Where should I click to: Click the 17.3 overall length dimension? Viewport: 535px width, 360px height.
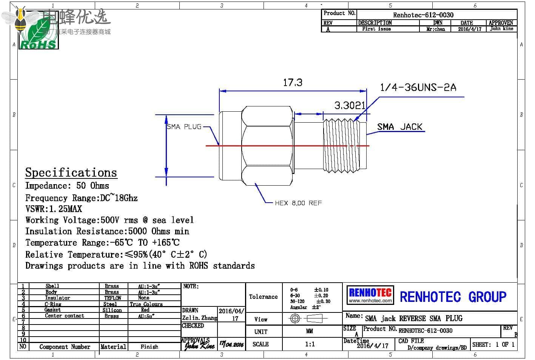pos(293,83)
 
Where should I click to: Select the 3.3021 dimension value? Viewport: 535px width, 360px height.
pos(350,106)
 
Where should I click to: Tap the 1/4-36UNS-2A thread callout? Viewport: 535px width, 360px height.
pos(418,88)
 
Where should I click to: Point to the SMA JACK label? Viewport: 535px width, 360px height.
pos(400,127)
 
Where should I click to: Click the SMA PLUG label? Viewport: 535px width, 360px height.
pos(184,127)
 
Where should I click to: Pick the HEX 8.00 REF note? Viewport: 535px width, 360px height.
pos(298,203)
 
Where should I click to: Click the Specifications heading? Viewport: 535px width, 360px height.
pos(71,172)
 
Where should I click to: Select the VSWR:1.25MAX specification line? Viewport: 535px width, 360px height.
pos(54,209)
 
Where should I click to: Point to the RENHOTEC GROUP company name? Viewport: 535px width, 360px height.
pos(453,297)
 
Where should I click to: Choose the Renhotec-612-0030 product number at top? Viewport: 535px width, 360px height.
pos(423,15)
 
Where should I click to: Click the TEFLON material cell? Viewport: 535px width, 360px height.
pos(113,298)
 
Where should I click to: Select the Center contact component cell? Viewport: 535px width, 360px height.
pos(65,316)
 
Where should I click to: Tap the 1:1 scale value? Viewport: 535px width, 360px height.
pos(310,344)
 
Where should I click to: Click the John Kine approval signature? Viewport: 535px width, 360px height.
pos(199,345)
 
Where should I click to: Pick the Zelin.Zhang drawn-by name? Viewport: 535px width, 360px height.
pos(200,318)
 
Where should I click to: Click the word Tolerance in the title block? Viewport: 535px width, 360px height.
pos(263,297)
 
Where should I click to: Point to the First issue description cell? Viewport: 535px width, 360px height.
pos(376,29)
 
